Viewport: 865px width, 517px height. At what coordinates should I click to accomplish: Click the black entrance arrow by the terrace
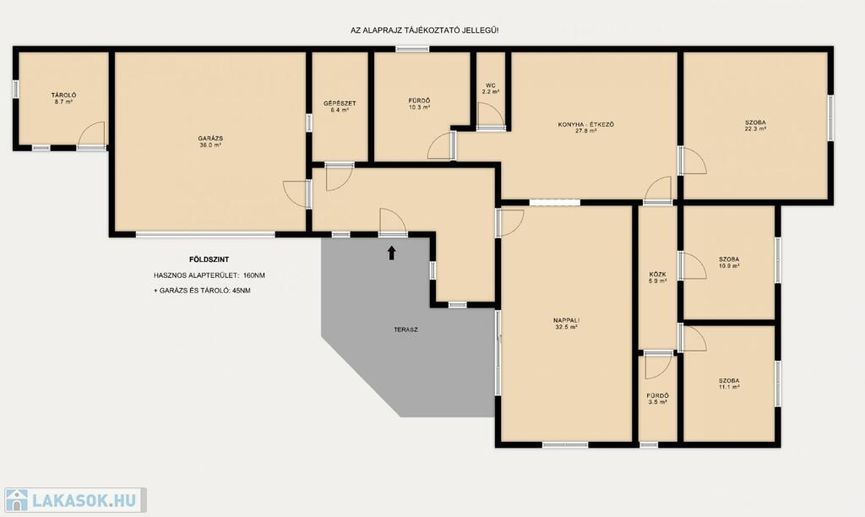[392, 253]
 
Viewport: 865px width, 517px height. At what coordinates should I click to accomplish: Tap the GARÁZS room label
[210, 139]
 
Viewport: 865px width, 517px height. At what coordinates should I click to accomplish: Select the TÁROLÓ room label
[64, 95]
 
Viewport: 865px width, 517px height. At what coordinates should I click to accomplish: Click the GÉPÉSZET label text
[340, 103]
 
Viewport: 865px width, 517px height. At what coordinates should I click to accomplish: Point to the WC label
[491, 85]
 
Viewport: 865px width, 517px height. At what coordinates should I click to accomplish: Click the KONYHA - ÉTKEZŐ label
[586, 125]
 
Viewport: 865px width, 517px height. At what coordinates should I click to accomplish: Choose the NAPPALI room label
[567, 320]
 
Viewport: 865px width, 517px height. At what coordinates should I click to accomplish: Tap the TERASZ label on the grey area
[406, 330]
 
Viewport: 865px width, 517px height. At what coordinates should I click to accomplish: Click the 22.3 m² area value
[755, 129]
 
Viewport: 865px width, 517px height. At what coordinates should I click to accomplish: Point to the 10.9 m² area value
[729, 265]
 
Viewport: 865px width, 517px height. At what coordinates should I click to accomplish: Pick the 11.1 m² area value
[729, 388]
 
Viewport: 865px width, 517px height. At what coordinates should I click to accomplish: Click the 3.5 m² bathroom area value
[657, 402]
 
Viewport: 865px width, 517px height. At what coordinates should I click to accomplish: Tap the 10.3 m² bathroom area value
[419, 107]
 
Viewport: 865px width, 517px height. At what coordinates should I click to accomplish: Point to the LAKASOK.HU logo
[75, 500]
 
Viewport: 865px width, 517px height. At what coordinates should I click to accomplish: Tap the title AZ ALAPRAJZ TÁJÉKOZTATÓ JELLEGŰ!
[425, 31]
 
